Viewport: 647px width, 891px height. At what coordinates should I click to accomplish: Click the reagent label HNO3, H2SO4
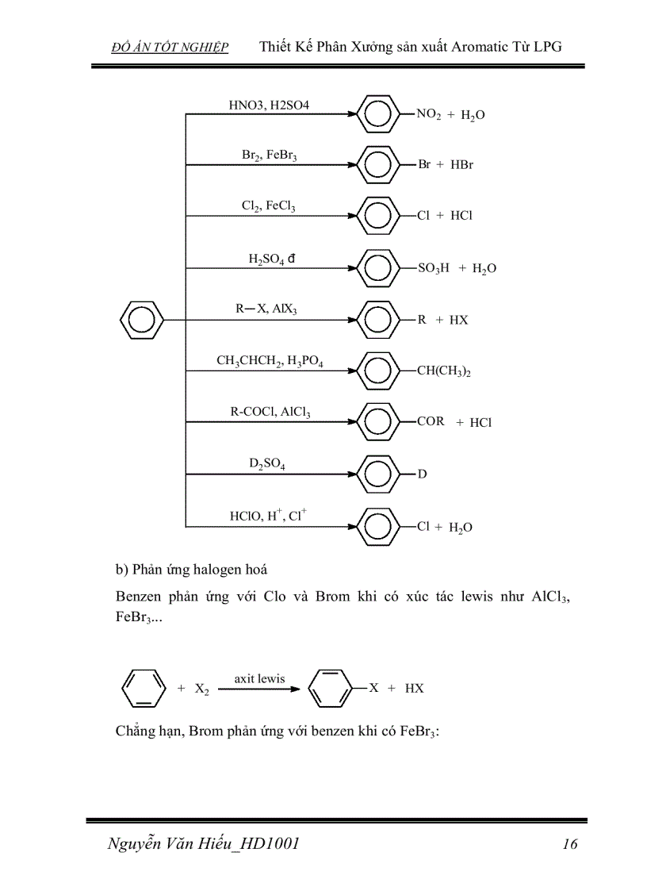[x=269, y=105]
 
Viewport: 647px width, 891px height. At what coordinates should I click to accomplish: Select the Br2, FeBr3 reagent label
[x=270, y=156]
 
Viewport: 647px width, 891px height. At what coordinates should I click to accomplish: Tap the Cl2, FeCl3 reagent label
[x=269, y=206]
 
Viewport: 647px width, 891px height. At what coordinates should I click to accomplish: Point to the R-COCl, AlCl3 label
[x=270, y=413]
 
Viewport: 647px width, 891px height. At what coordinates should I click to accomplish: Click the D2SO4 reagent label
[x=267, y=464]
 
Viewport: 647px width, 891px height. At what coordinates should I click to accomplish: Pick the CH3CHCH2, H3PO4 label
[x=270, y=361]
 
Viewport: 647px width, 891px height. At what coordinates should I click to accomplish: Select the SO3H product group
[x=434, y=268]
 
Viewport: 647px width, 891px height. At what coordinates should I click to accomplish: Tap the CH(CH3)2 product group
[x=444, y=371]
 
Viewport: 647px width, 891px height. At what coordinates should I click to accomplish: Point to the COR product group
[x=431, y=421]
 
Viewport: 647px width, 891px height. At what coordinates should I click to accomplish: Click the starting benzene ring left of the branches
[x=141, y=320]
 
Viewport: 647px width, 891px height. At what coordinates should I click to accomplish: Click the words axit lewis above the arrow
[x=259, y=678]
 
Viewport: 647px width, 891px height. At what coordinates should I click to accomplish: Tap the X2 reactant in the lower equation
[x=202, y=689]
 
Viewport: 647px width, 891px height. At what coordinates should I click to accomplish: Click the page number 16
[x=569, y=843]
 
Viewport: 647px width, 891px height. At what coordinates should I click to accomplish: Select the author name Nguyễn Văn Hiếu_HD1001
[x=203, y=843]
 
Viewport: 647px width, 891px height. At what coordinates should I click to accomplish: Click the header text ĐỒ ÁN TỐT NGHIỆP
[x=170, y=48]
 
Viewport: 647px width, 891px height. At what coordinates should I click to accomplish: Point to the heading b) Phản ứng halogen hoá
[x=191, y=569]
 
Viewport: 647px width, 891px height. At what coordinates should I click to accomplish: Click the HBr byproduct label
[x=461, y=165]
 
